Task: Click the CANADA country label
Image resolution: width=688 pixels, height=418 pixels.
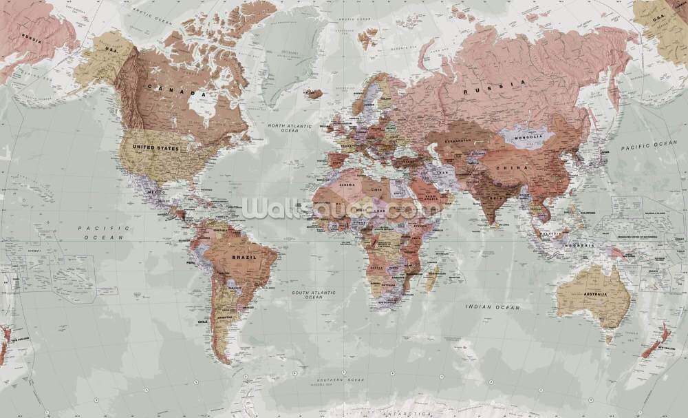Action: coord(177,90)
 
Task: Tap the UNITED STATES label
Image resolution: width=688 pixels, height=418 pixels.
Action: coord(157,149)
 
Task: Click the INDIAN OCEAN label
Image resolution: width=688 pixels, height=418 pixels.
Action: coord(493,307)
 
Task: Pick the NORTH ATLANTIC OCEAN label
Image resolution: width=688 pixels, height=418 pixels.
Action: coord(290,129)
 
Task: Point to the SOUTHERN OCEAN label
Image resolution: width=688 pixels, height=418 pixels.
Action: coord(341,380)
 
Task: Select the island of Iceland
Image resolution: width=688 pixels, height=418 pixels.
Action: coord(314,93)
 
